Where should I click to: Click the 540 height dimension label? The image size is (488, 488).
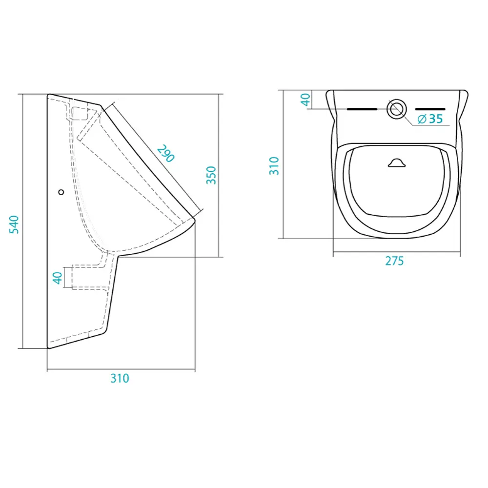pyautogui.click(x=14, y=224)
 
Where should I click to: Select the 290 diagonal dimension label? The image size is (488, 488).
pyautogui.click(x=166, y=153)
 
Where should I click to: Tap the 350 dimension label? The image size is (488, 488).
pyautogui.click(x=211, y=175)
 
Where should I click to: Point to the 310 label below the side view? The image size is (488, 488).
pyautogui.click(x=120, y=378)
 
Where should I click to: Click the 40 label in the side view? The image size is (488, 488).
pyautogui.click(x=58, y=278)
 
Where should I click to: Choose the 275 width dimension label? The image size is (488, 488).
pyautogui.click(x=394, y=261)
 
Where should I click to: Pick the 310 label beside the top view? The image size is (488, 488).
pyautogui.click(x=274, y=166)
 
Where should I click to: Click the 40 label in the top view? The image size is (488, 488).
pyautogui.click(x=305, y=100)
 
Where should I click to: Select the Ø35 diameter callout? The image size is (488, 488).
pyautogui.click(x=430, y=119)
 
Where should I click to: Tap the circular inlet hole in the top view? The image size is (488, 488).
pyautogui.click(x=396, y=109)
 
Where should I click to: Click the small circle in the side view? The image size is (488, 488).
pyautogui.click(x=61, y=192)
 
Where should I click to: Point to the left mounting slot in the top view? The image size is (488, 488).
pyautogui.click(x=362, y=109)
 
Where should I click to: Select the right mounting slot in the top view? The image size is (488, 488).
pyautogui.click(x=430, y=109)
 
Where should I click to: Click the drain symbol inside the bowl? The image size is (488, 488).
pyautogui.click(x=397, y=163)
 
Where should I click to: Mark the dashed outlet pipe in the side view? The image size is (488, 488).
pyautogui.click(x=90, y=277)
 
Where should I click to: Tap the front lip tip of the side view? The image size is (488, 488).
pyautogui.click(x=194, y=220)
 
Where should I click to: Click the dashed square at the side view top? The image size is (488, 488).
pyautogui.click(x=81, y=114)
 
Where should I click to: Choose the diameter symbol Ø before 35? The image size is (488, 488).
pyautogui.click(x=422, y=119)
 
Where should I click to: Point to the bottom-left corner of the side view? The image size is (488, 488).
pyautogui.click(x=48, y=348)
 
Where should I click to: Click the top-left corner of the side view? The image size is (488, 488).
pyautogui.click(x=48, y=95)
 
